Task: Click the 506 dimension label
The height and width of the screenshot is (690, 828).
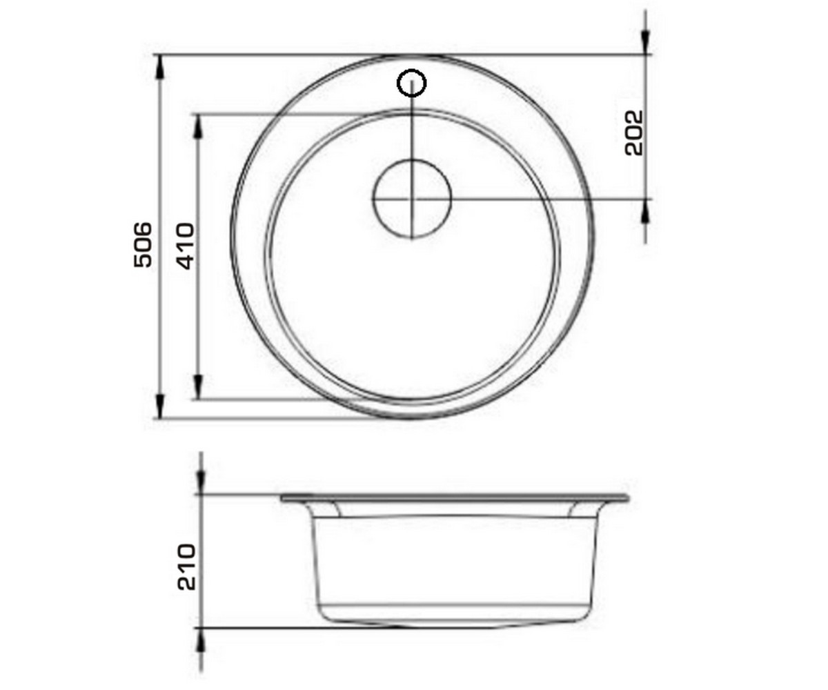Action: (x=143, y=245)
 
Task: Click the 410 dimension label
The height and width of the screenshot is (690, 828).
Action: (x=186, y=246)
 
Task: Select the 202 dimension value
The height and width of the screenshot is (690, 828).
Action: (x=633, y=133)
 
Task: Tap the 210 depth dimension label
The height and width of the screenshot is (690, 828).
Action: (x=186, y=567)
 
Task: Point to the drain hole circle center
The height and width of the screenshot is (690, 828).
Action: (x=412, y=199)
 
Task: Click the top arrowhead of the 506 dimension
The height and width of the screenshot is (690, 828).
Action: (x=159, y=67)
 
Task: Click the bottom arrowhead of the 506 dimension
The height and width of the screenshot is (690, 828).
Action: (x=159, y=406)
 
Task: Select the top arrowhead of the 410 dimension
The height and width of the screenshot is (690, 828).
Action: (x=198, y=126)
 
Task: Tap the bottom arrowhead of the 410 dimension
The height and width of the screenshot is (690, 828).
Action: (x=198, y=387)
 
